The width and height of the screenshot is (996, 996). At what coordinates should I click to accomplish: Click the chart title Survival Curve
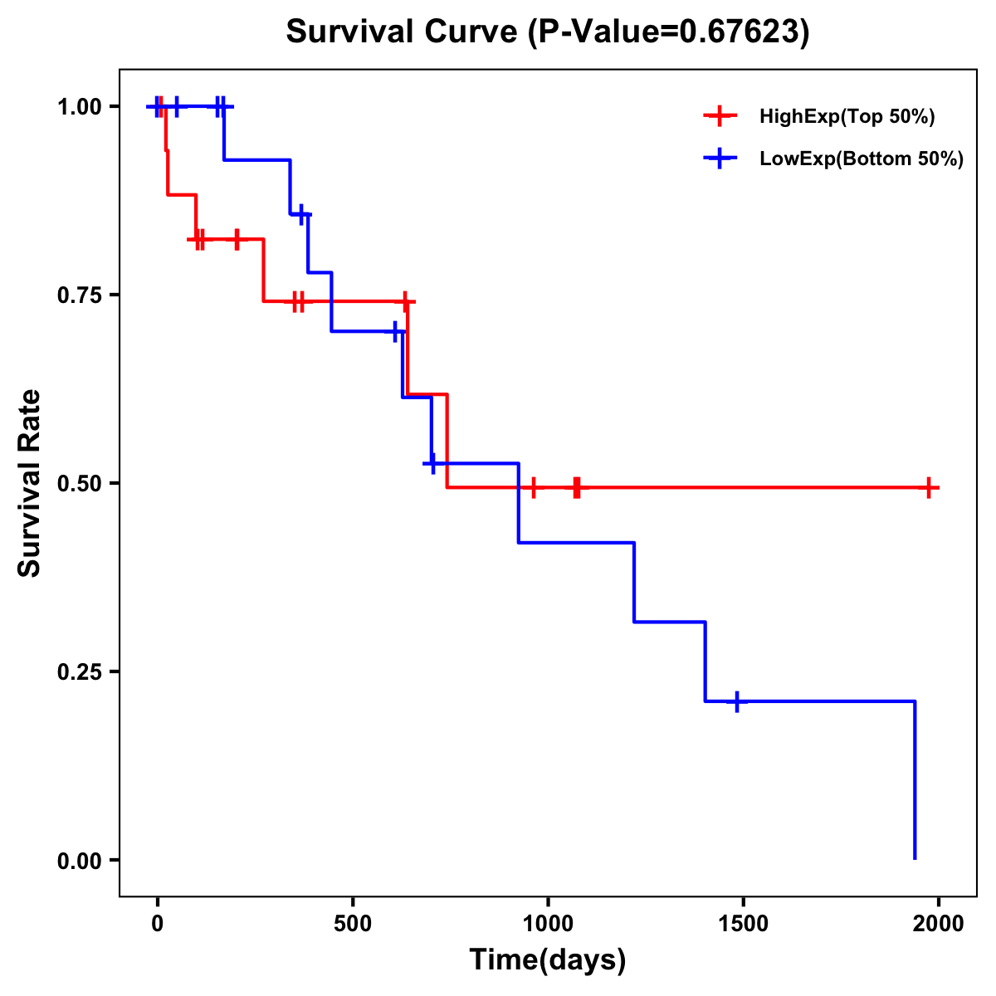403,32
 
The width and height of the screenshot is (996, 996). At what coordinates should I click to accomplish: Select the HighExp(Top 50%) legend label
847,117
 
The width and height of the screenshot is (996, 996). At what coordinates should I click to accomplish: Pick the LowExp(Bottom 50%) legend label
862,159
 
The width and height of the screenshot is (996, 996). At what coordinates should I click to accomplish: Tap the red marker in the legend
720,117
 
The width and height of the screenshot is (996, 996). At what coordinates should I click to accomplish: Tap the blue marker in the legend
720,159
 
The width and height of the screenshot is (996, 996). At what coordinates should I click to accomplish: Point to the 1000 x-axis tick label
548,924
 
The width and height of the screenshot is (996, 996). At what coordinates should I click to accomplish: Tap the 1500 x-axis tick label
743,924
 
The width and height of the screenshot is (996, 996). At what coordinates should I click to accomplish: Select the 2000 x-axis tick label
939,924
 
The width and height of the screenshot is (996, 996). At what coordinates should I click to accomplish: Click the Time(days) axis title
548,960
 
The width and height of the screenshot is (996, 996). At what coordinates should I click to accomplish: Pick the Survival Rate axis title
30,483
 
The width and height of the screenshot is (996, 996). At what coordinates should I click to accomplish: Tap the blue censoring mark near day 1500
736,701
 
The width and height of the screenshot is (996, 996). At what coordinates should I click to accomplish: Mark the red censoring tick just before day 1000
534,488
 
